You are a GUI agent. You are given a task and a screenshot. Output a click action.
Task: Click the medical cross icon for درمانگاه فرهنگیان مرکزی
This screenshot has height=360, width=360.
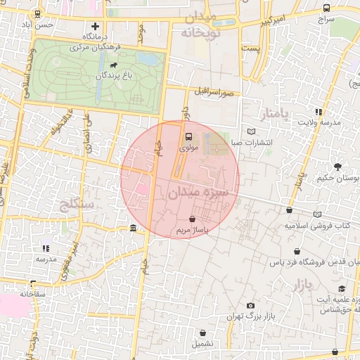coord(96,26)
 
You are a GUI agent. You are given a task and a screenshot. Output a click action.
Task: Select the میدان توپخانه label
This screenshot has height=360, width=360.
coord(200,25)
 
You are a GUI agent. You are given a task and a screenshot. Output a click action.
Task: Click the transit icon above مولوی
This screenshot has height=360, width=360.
coord(188,137)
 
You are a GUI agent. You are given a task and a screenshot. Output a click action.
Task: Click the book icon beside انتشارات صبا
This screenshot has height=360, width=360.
coord(252,131)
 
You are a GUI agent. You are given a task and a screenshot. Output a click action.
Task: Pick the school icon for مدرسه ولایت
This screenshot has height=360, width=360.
coord(319,111)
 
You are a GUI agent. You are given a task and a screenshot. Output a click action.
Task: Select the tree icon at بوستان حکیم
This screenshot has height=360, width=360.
coord(338,167)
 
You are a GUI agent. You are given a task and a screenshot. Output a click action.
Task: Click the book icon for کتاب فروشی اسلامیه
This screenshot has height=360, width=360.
coord(319,214)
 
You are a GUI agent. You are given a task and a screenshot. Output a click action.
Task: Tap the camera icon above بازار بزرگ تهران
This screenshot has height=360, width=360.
coord(250,306)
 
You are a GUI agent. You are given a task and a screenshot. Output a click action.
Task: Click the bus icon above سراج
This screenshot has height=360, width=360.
coord(326,8)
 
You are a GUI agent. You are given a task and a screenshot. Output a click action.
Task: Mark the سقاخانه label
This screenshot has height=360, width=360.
coord(34,292)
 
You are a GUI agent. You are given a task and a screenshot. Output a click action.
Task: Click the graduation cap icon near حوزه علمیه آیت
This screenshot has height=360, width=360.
coord(342,288)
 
